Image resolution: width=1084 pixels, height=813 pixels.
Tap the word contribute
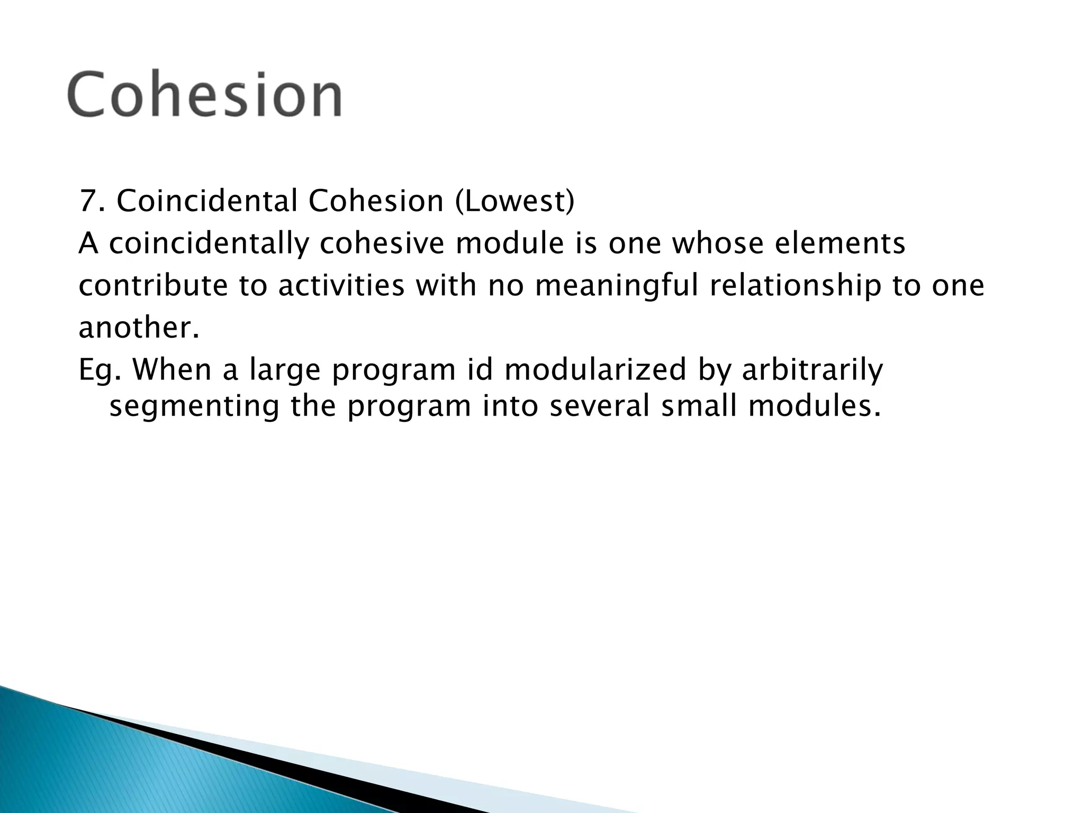(x=153, y=286)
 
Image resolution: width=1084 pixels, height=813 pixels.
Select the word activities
(x=341, y=286)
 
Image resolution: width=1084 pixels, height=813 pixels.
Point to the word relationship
(x=794, y=286)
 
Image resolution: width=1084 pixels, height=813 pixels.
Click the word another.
(x=139, y=328)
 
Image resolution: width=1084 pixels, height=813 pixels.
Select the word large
(x=285, y=371)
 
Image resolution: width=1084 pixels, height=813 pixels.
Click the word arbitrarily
(x=812, y=371)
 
